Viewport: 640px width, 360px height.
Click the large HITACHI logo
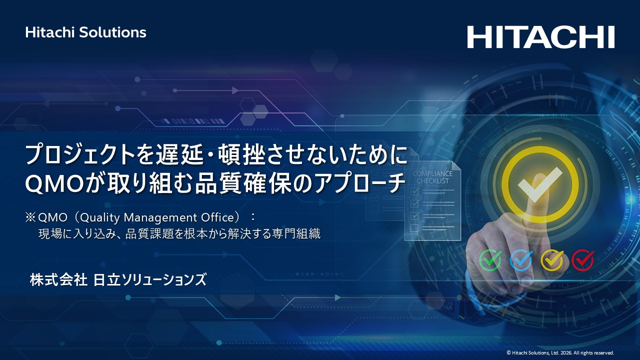click(x=540, y=37)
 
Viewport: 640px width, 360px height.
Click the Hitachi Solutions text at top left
click(x=85, y=32)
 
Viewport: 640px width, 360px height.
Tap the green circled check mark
click(x=490, y=260)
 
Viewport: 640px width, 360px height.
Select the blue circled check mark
click(x=521, y=260)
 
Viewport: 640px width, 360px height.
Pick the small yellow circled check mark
click(x=552, y=260)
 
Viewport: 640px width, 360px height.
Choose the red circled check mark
click(x=582, y=260)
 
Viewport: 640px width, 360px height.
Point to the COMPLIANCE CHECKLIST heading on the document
click(x=432, y=177)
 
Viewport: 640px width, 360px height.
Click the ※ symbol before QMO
click(x=30, y=217)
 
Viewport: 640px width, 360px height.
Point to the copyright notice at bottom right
click(x=560, y=352)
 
